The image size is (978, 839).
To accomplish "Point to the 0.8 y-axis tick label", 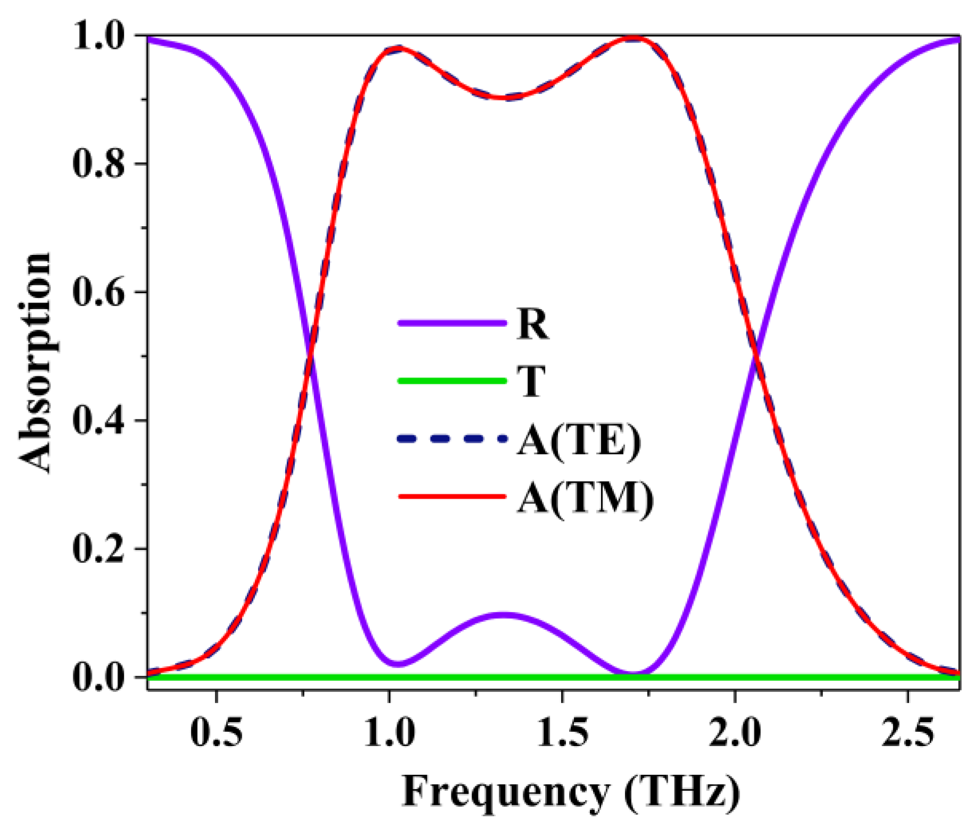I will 98,163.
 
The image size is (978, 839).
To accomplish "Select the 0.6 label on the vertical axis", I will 98,292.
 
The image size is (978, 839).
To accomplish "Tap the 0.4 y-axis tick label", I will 98,420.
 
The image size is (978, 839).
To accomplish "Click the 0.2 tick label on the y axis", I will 98,548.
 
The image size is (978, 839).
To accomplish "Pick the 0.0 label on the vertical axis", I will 98,677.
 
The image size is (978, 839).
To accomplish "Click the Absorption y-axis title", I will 36,362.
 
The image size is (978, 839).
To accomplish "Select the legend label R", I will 532,323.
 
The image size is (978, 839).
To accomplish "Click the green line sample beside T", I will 452,381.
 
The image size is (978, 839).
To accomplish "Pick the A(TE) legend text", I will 579,440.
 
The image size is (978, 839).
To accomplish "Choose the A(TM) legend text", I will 585,498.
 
